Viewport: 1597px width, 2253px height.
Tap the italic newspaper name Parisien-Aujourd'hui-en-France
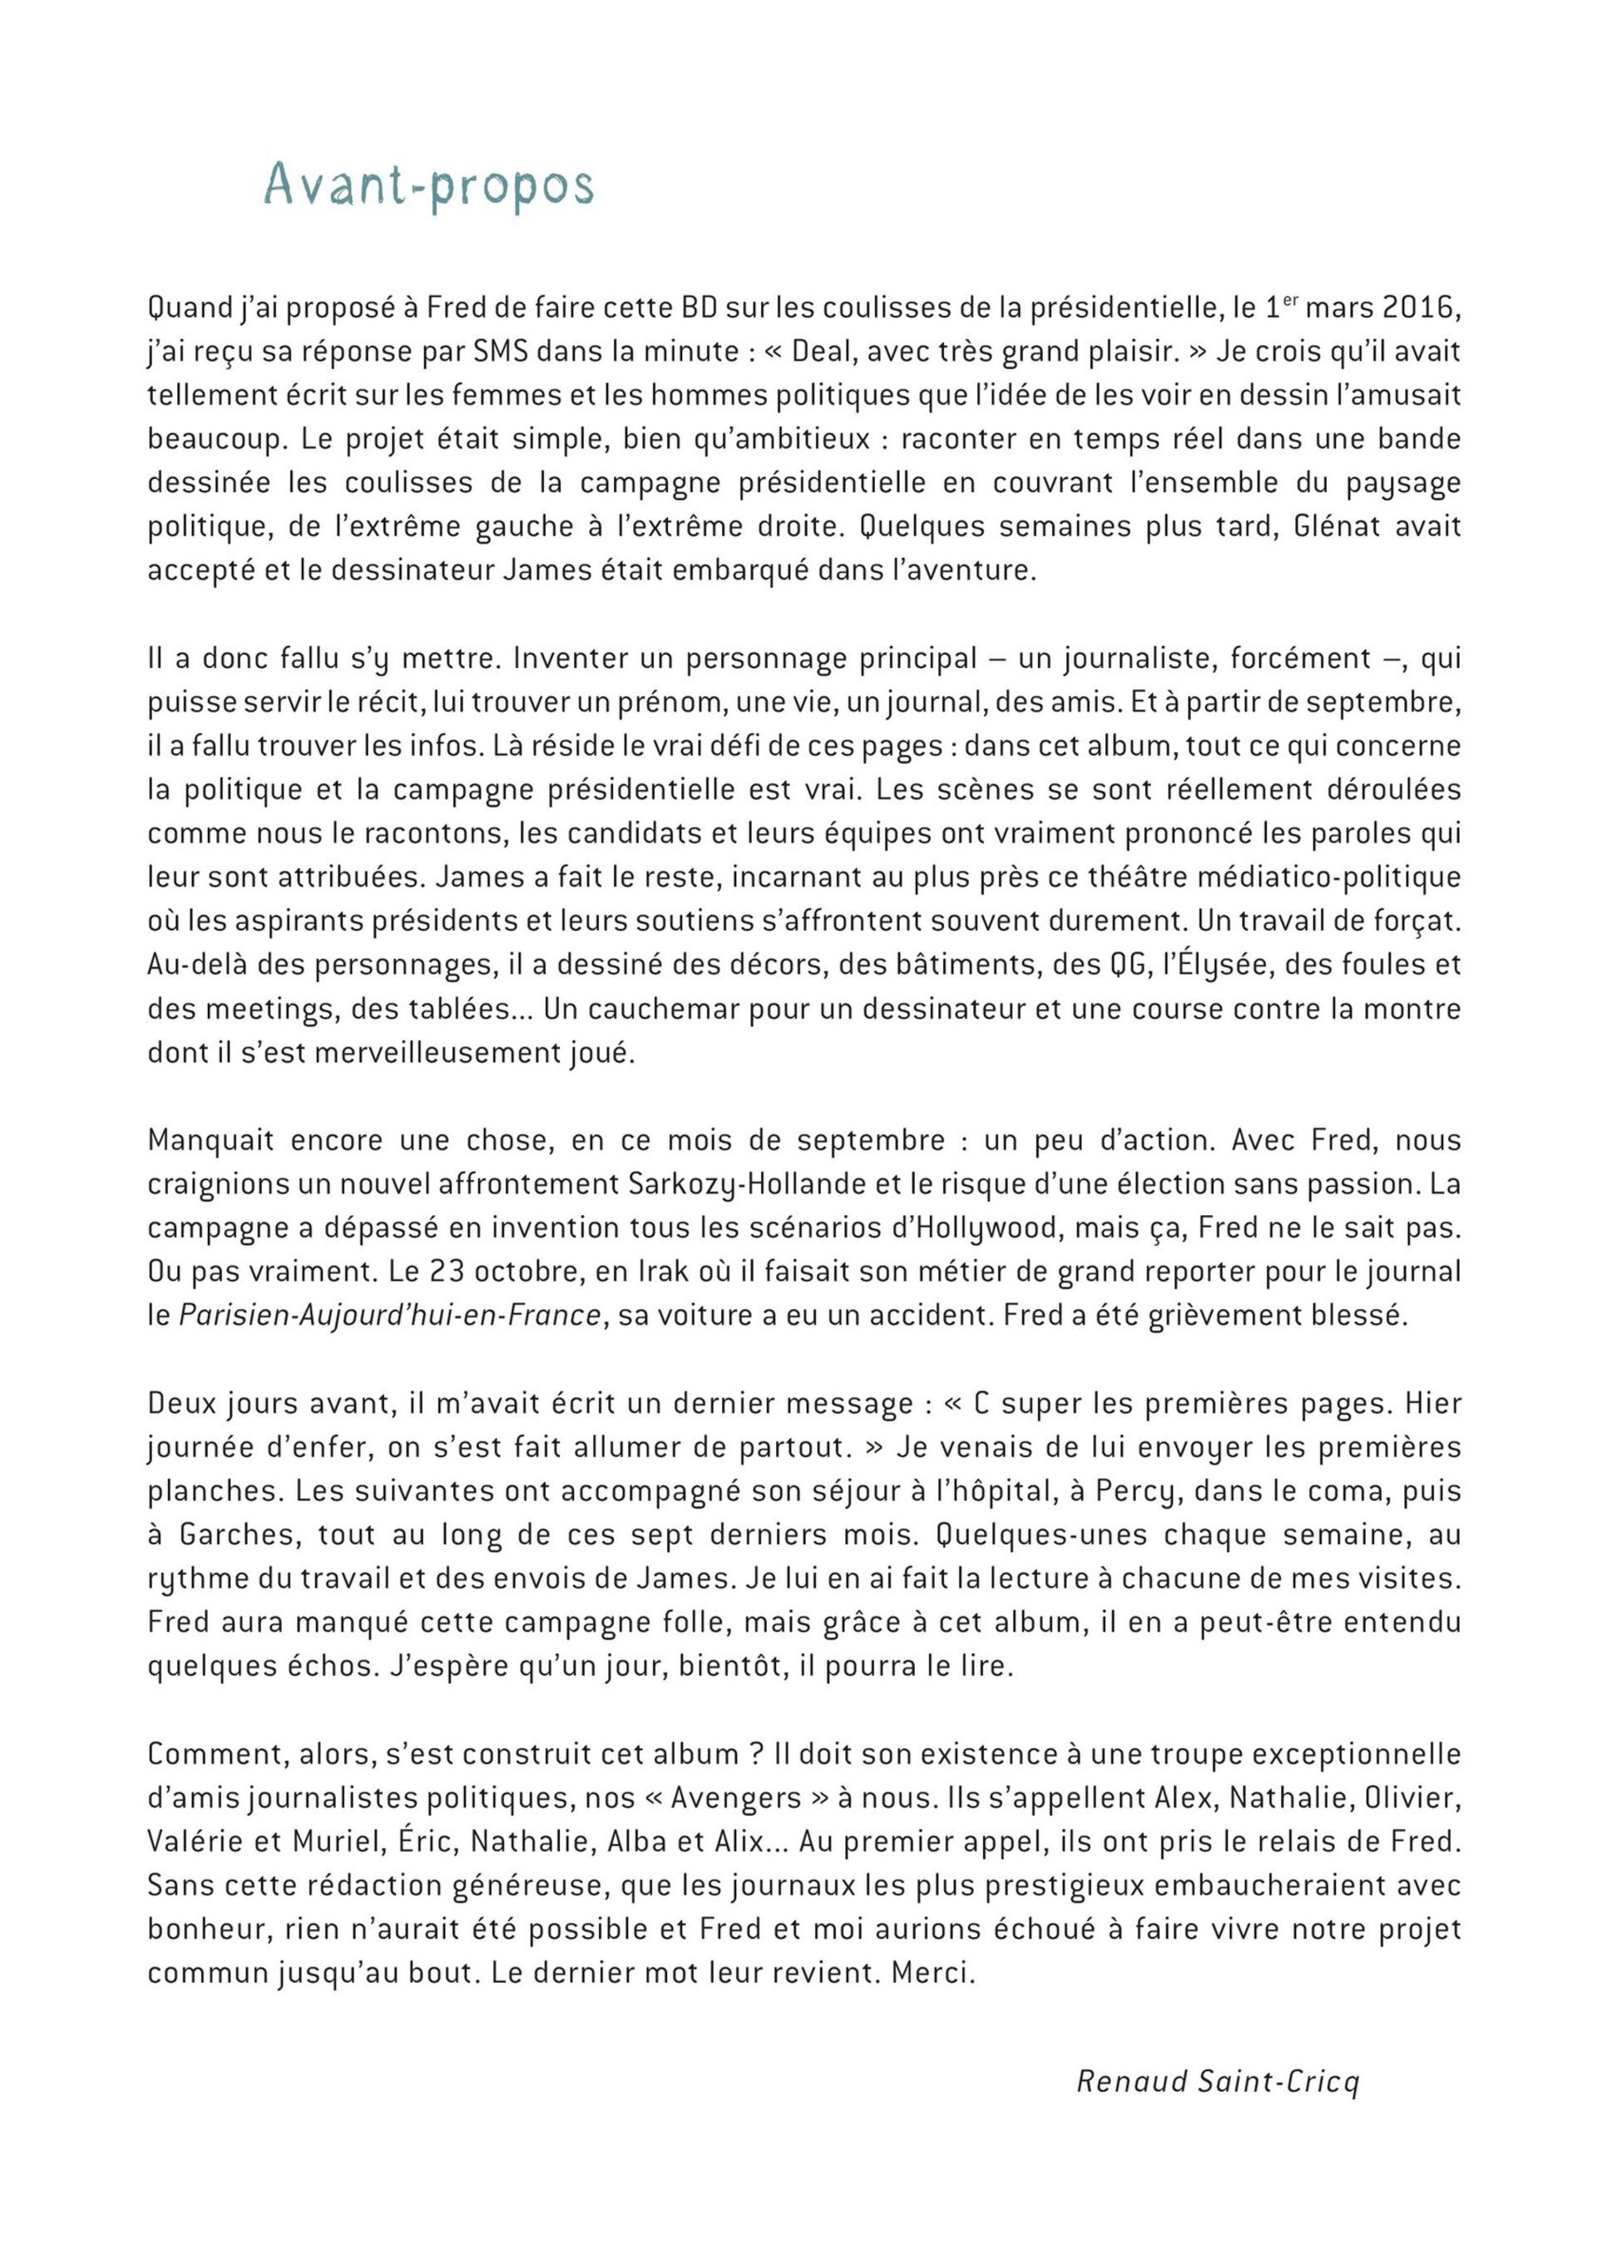[x=389, y=1315]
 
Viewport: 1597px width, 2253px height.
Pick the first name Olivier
[x=1412, y=1798]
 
